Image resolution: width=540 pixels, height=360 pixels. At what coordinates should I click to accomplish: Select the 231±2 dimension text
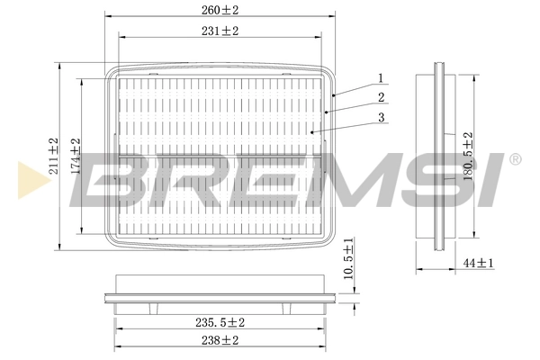pyautogui.click(x=220, y=31)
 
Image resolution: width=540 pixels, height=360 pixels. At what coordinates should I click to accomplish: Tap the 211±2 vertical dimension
pyautogui.click(x=54, y=157)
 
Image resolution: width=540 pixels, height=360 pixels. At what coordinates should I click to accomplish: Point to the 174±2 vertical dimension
pyautogui.click(x=77, y=157)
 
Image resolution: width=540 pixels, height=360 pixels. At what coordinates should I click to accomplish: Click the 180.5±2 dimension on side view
pyautogui.click(x=467, y=157)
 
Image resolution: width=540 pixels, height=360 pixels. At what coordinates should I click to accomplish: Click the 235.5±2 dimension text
pyautogui.click(x=221, y=322)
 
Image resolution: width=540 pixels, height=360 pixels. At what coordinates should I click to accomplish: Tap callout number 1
pyautogui.click(x=382, y=77)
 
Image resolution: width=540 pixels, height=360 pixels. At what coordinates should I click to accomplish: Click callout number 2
pyautogui.click(x=382, y=97)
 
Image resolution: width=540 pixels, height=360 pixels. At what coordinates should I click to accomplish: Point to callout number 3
pyautogui.click(x=382, y=118)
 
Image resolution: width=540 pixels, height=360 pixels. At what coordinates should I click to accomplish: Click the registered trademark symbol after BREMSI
pyautogui.click(x=514, y=160)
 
